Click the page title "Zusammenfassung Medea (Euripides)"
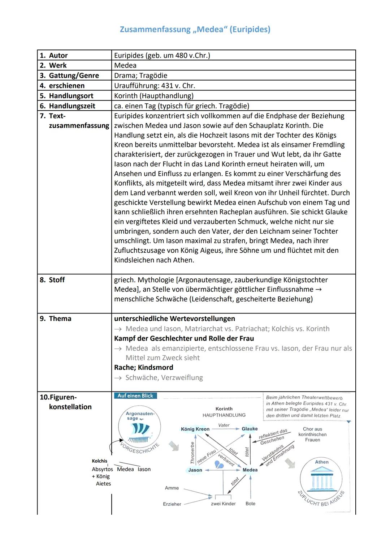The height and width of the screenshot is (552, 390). (195, 29)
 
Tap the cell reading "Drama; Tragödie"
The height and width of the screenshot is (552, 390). (140, 76)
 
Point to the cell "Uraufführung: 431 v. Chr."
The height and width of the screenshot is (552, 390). (154, 86)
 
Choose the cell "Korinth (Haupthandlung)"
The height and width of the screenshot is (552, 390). (153, 96)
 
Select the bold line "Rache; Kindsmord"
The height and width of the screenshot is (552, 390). (143, 367)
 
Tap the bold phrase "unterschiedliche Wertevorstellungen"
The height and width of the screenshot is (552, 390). (174, 318)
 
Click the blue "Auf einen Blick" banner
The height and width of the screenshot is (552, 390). (135, 396)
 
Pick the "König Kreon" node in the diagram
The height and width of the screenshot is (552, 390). (195, 429)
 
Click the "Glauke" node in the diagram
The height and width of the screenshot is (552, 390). (250, 429)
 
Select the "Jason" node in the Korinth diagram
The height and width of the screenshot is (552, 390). (195, 470)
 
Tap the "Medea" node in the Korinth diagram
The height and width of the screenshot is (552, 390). (250, 470)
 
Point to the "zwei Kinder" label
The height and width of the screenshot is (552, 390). (223, 504)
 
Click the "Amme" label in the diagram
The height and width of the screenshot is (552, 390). (172, 488)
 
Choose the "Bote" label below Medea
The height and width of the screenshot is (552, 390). (250, 504)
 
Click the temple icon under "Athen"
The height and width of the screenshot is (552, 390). (321, 478)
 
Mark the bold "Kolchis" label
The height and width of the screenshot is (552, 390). (99, 461)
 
